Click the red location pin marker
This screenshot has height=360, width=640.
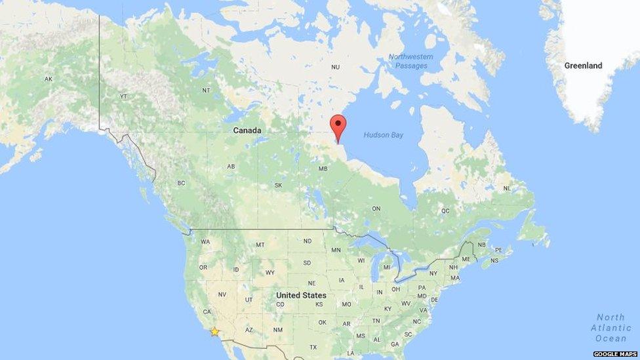point(338,126)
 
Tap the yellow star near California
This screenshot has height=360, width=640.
point(214,332)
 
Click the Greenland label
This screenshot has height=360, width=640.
point(583,66)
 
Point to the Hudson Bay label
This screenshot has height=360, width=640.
point(384,135)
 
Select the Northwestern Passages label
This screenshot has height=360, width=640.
point(410,61)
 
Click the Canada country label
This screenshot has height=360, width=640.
point(247,130)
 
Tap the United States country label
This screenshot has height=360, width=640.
point(301,295)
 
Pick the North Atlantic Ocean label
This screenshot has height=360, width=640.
point(610,328)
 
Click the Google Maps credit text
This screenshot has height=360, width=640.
point(615,354)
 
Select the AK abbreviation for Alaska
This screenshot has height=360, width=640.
point(49,79)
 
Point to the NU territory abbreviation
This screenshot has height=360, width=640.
point(335,67)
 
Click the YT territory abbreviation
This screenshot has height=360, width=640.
point(123,96)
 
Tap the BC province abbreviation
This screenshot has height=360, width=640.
point(181,183)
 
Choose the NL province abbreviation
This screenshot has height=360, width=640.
point(506,188)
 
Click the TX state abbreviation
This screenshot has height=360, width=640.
point(313,347)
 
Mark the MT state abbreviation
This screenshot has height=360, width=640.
point(260,245)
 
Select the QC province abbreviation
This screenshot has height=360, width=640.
point(445,211)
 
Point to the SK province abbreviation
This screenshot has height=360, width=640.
point(278,186)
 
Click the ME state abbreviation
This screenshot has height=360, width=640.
point(466,259)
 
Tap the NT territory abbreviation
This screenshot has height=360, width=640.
point(206,90)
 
